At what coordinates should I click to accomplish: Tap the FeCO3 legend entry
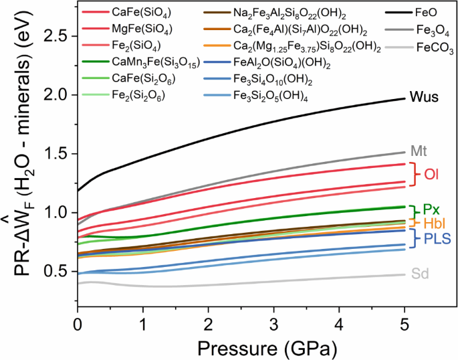coord(435,48)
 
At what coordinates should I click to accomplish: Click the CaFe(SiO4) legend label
coord(141,12)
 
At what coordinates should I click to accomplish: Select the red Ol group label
coord(431,175)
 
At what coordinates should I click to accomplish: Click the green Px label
coord(431,209)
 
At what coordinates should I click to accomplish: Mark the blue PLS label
coord(435,238)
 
